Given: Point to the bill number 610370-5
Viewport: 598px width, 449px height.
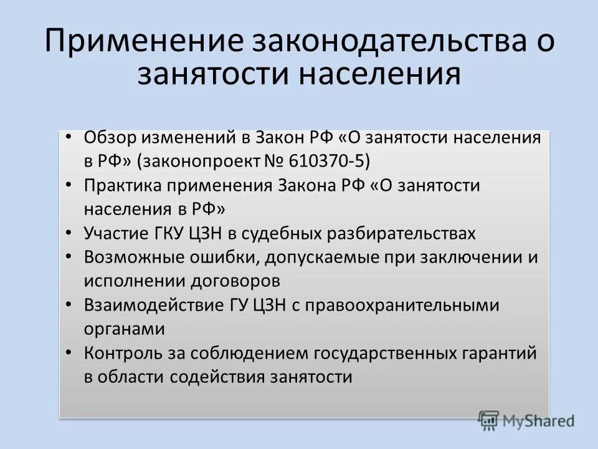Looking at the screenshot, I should coord(329,161).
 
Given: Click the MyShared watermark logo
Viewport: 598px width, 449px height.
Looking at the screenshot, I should coord(526,420).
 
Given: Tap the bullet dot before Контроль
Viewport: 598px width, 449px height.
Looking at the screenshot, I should coord(68,353).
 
